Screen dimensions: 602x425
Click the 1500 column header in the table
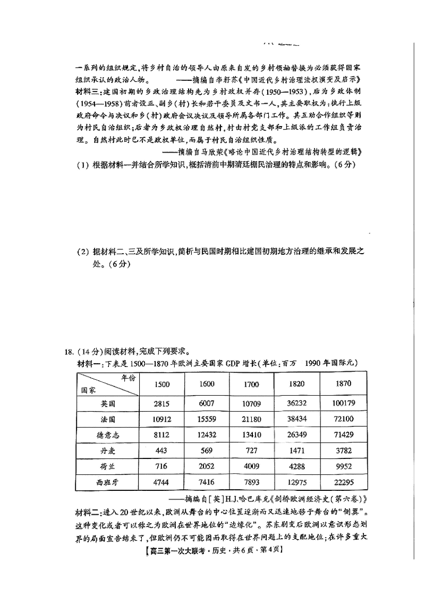pos(162,384)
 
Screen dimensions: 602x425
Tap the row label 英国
pos(108,404)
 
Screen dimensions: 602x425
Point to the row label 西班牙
pos(108,483)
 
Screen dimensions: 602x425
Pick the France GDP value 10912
pos(162,420)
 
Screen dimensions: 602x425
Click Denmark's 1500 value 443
pos(162,451)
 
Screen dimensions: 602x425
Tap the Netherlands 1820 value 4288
pos(296,467)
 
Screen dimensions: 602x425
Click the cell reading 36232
pos(296,404)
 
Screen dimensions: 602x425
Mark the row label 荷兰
pos(108,467)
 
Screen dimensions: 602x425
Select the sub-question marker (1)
pos(82,164)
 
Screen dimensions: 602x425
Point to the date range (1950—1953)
pos(279,91)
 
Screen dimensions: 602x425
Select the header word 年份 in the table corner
pos(127,378)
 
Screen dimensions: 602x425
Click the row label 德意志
pos(108,436)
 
